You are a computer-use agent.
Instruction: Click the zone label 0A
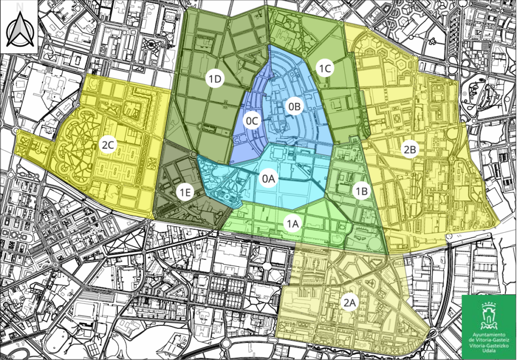coord(268,179)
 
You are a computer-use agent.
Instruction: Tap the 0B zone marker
coord(294,107)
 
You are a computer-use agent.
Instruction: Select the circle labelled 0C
coord(251,121)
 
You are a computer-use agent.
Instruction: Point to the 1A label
coord(292,224)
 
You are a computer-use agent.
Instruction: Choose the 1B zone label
coord(361,191)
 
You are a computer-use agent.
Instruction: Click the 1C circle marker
coord(324,67)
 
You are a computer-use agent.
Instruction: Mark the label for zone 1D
coord(216,79)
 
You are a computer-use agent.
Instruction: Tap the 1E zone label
coord(185,192)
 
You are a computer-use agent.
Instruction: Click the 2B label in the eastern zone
coord(410,149)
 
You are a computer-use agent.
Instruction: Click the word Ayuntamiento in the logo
coord(489,335)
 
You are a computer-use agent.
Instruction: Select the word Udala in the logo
coord(489,350)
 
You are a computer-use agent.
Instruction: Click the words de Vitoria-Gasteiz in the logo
coord(489,340)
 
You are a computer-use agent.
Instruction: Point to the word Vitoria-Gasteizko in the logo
coord(489,345)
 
